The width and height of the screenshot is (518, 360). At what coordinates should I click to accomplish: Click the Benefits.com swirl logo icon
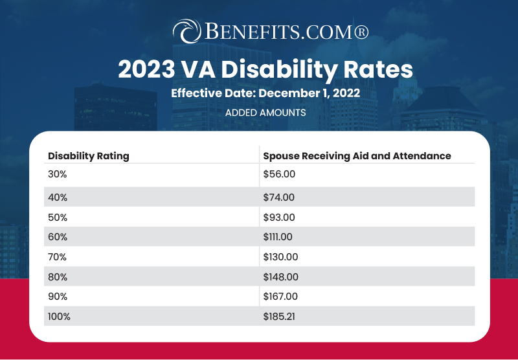[186, 31]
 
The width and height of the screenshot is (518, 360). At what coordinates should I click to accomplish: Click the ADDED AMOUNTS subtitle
[265, 112]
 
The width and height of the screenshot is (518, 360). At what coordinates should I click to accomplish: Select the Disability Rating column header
[89, 156]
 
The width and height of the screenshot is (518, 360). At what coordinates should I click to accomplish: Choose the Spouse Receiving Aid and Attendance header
[357, 156]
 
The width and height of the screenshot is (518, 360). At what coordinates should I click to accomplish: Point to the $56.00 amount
[278, 174]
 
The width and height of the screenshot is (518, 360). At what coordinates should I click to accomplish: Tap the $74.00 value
[278, 197]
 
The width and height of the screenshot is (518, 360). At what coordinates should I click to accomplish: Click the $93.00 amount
[278, 217]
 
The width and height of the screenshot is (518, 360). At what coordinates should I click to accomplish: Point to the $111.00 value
[279, 237]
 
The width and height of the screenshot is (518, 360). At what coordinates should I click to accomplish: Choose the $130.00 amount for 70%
[280, 257]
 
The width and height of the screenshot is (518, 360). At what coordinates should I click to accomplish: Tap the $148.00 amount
[280, 276]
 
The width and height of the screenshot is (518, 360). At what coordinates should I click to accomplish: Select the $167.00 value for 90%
[280, 297]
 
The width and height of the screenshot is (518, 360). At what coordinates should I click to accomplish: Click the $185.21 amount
[280, 317]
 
